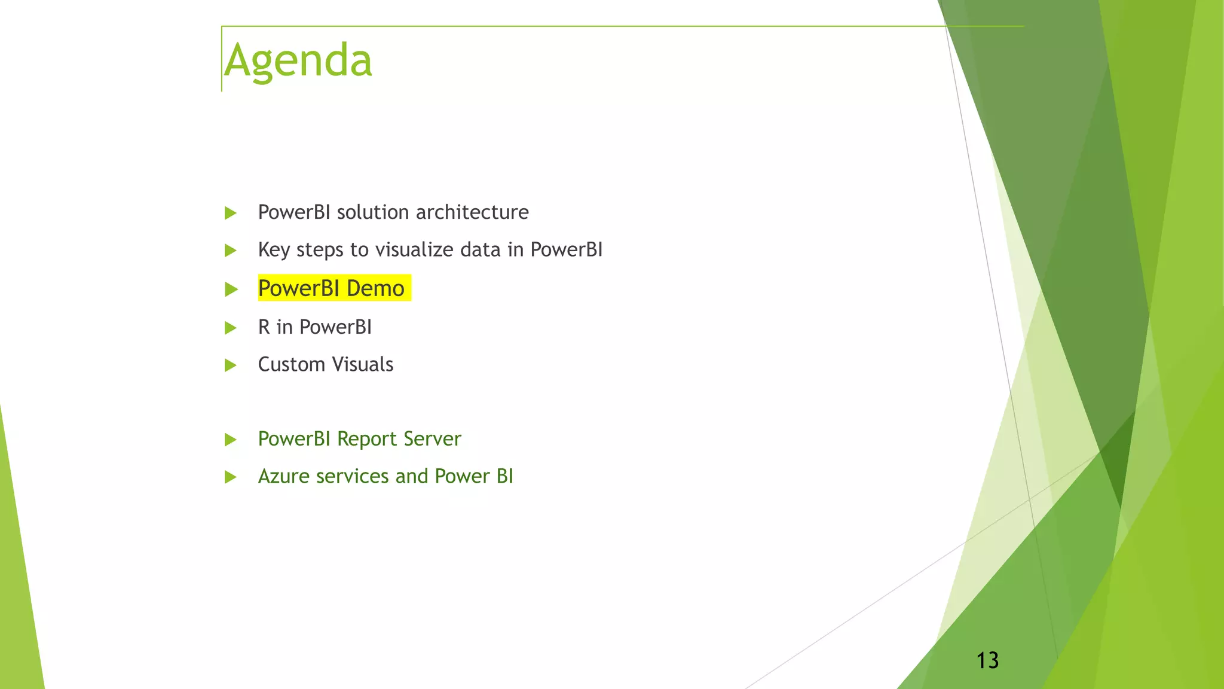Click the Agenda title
click(298, 61)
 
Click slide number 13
click(987, 660)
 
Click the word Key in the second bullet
click(274, 250)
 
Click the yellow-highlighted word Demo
click(375, 289)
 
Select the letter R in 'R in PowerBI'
click(264, 327)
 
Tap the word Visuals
click(363, 364)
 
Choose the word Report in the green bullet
click(366, 439)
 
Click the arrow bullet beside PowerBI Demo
click(231, 289)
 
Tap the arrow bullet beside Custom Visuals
click(231, 365)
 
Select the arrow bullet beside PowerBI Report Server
click(231, 440)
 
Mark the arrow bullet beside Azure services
click(231, 477)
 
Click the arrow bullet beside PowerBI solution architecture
click(231, 213)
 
